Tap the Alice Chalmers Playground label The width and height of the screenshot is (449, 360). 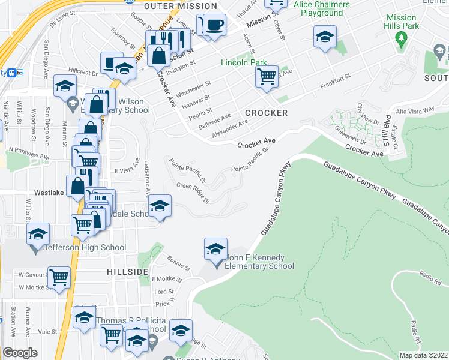click(322, 8)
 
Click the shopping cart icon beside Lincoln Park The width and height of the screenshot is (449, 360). click(267, 76)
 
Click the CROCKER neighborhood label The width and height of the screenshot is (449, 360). click(266, 113)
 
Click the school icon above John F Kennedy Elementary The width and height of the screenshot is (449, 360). click(215, 248)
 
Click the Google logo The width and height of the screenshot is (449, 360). click(20, 353)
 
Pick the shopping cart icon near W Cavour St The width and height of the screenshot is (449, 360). click(59, 277)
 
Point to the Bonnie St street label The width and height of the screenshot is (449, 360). click(179, 263)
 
